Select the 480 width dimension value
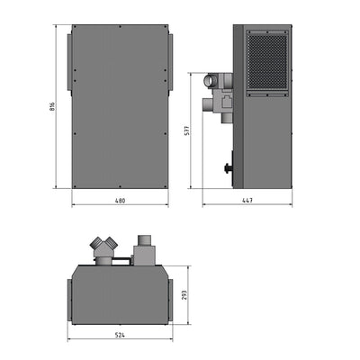tap(119, 200)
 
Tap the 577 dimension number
tap(186, 130)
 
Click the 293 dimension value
tap(183, 294)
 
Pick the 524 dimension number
tap(119, 336)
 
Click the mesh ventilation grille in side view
tap(266, 60)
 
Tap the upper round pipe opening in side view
tap(214, 81)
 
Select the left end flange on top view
tap(69, 295)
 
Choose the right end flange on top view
tap(169, 295)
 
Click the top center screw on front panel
tap(119, 27)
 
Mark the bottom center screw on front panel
tap(119, 186)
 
